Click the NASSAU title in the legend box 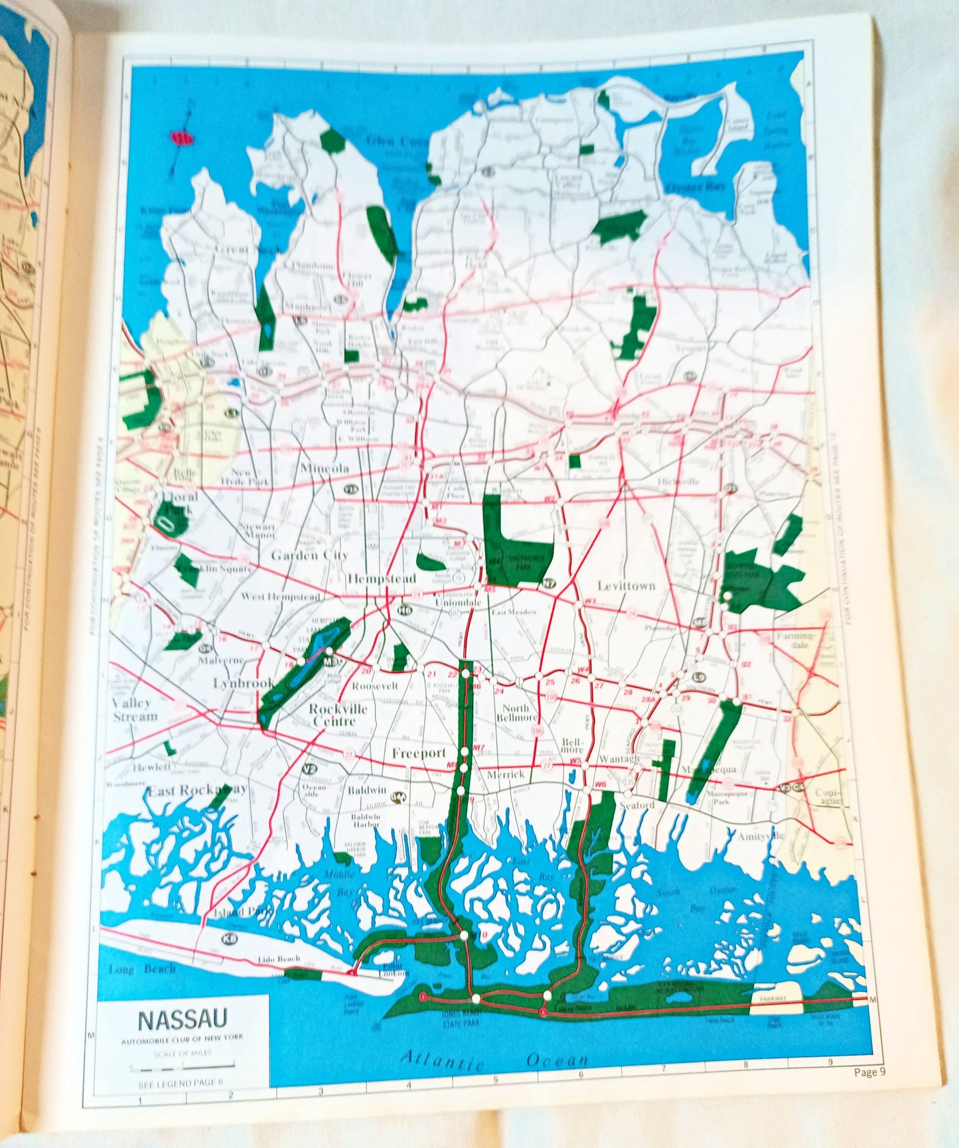(183, 1019)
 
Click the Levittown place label (626, 586)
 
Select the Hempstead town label (381, 579)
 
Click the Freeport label (418, 753)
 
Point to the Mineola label (325, 468)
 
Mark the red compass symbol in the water (183, 138)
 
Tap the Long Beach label (142, 969)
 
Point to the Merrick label (505, 774)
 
